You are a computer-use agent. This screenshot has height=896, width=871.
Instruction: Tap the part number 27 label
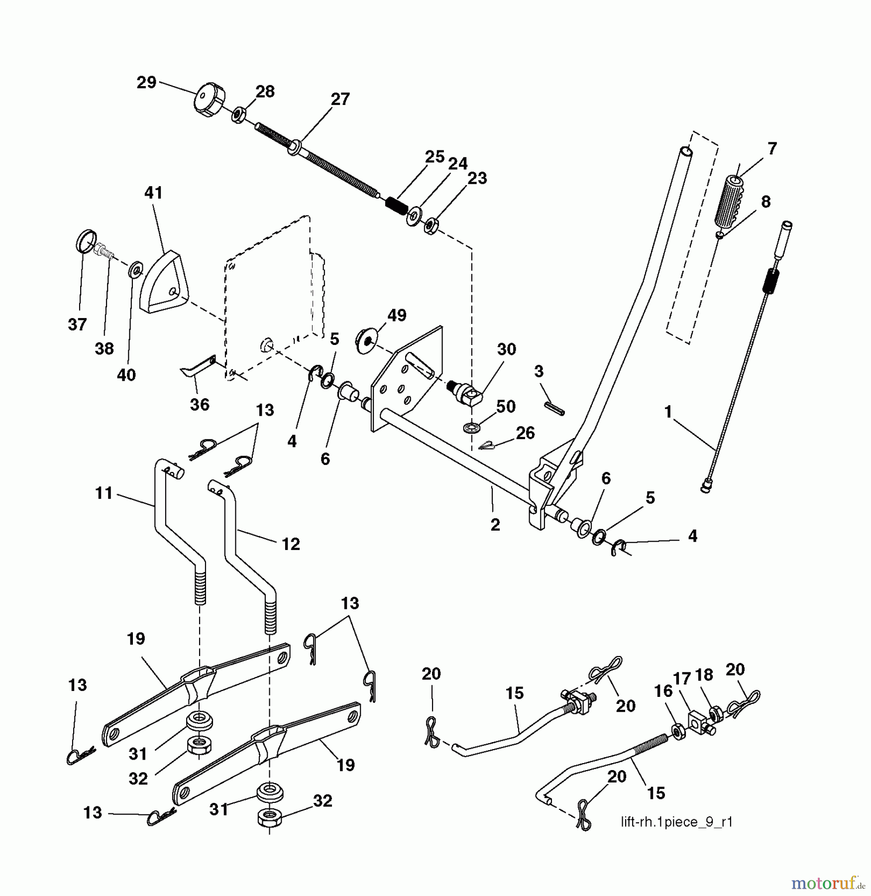point(340,99)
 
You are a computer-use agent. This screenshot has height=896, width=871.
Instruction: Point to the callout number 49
point(397,315)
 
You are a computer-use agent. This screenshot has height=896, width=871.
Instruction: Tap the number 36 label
point(200,404)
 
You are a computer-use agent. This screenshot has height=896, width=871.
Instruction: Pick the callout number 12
point(291,544)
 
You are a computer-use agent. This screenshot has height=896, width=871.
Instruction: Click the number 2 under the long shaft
point(495,524)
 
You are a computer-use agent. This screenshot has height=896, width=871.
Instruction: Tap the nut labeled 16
point(677,730)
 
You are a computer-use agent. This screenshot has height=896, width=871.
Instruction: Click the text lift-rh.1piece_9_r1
point(676,822)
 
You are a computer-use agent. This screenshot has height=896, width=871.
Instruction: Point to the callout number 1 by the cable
point(668,412)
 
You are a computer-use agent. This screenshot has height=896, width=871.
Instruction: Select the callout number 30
point(506,349)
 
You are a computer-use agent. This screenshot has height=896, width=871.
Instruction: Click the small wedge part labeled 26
point(485,446)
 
